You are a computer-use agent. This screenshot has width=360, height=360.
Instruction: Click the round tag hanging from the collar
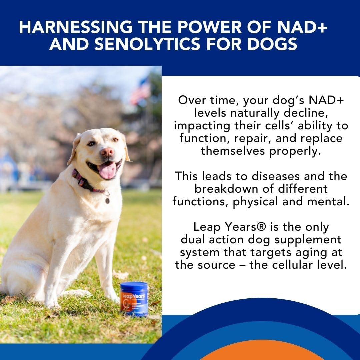(x=107, y=201)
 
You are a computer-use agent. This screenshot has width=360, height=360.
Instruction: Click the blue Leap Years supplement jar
(x=134, y=299)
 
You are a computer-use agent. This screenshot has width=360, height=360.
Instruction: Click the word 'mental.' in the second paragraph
(x=330, y=202)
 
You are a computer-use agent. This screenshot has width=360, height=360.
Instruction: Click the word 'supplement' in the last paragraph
(x=303, y=240)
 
